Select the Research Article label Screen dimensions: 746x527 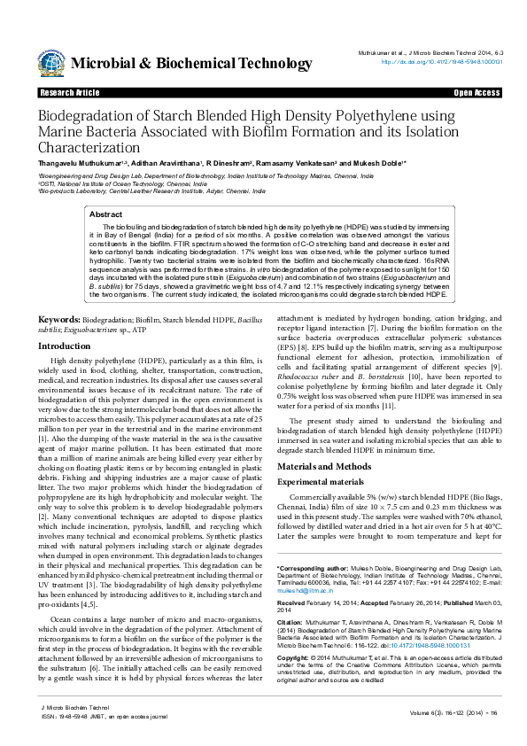(69, 93)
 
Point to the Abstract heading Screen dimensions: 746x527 (106, 214)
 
